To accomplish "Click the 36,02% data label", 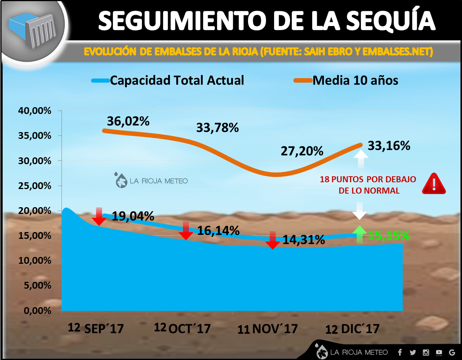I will pyautogui.click(x=128, y=122).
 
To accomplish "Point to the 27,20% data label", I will pyautogui.click(x=302, y=151).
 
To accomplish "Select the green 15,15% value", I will pyautogui.click(x=389, y=235).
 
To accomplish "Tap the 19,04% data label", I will pyautogui.click(x=132, y=216).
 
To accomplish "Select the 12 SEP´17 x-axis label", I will pyautogui.click(x=96, y=328).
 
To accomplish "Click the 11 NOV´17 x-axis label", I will pyautogui.click(x=268, y=329).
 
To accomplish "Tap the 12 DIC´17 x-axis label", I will pyautogui.click(x=352, y=329).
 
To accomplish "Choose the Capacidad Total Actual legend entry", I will pyautogui.click(x=168, y=80).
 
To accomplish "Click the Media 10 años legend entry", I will pyautogui.click(x=346, y=80).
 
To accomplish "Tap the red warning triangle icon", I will pyautogui.click(x=434, y=184).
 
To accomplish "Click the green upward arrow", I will pyautogui.click(x=360, y=234).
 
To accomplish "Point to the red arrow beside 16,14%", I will pyautogui.click(x=186, y=231).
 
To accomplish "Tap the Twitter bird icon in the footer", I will pyautogui.click(x=413, y=352).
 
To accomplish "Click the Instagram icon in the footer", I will pyautogui.click(x=426, y=352).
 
